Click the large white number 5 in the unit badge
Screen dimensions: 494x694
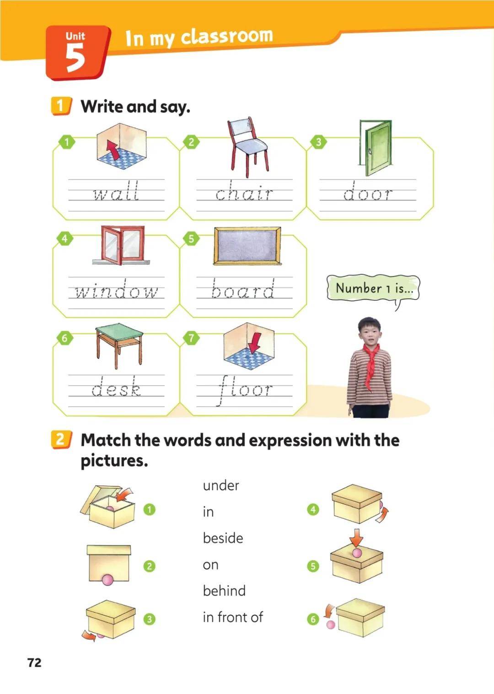click(x=75, y=58)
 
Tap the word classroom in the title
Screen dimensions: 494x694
click(x=227, y=36)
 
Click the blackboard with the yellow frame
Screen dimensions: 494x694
click(x=247, y=246)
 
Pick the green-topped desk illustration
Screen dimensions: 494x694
click(x=119, y=345)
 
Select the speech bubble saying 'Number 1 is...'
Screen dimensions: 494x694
click(x=373, y=288)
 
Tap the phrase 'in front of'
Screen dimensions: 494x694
click(x=233, y=617)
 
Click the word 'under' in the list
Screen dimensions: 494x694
click(x=221, y=485)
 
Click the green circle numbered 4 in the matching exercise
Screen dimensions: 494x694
click(x=313, y=509)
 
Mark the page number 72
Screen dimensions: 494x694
click(x=34, y=663)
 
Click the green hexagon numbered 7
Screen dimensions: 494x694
click(x=191, y=338)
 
